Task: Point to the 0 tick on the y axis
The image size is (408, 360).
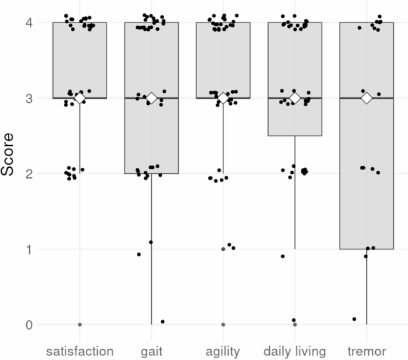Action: pos(30,325)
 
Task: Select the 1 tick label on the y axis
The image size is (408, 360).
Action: pos(30,249)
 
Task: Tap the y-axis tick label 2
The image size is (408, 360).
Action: pos(30,174)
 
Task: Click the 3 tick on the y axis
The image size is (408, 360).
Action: pos(30,98)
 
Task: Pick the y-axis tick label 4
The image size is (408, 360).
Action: pos(30,23)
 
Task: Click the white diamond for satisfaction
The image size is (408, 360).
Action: pos(80,98)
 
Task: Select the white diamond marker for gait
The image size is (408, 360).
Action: pos(151,98)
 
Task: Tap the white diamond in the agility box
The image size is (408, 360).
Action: pos(223,98)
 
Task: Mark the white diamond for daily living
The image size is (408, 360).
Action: pos(295,98)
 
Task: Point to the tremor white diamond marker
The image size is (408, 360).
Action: pos(366,98)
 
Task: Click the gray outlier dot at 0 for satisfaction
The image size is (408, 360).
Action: pos(80,324)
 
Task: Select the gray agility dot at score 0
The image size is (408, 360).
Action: pos(223,324)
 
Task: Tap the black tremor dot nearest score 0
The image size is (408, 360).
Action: pos(354,319)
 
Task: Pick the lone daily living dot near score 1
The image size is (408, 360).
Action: pos(282,256)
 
